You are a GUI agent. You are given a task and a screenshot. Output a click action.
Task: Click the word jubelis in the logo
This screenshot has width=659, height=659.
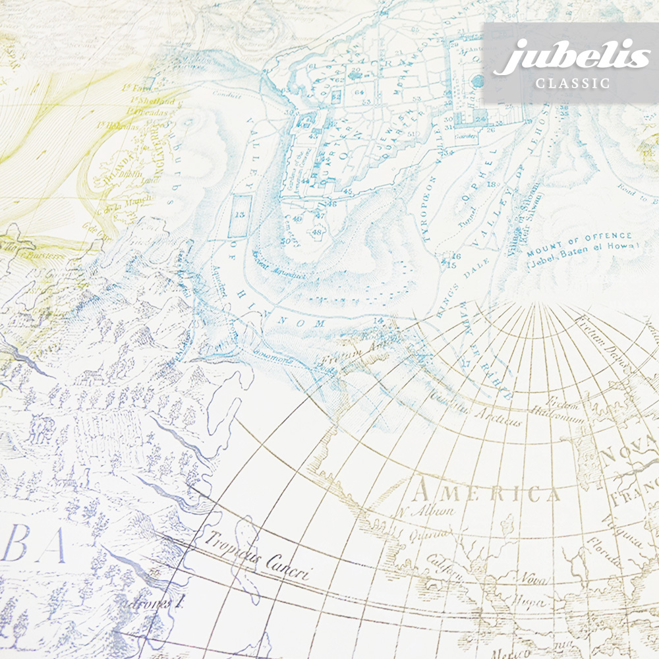click(571, 57)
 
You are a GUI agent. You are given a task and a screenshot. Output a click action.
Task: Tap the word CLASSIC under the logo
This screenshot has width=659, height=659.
click(572, 84)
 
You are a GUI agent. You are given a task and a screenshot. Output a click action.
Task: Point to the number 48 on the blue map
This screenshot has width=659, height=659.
click(318, 232)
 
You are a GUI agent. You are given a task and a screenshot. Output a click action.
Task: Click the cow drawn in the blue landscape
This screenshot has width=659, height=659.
click(41, 428)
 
